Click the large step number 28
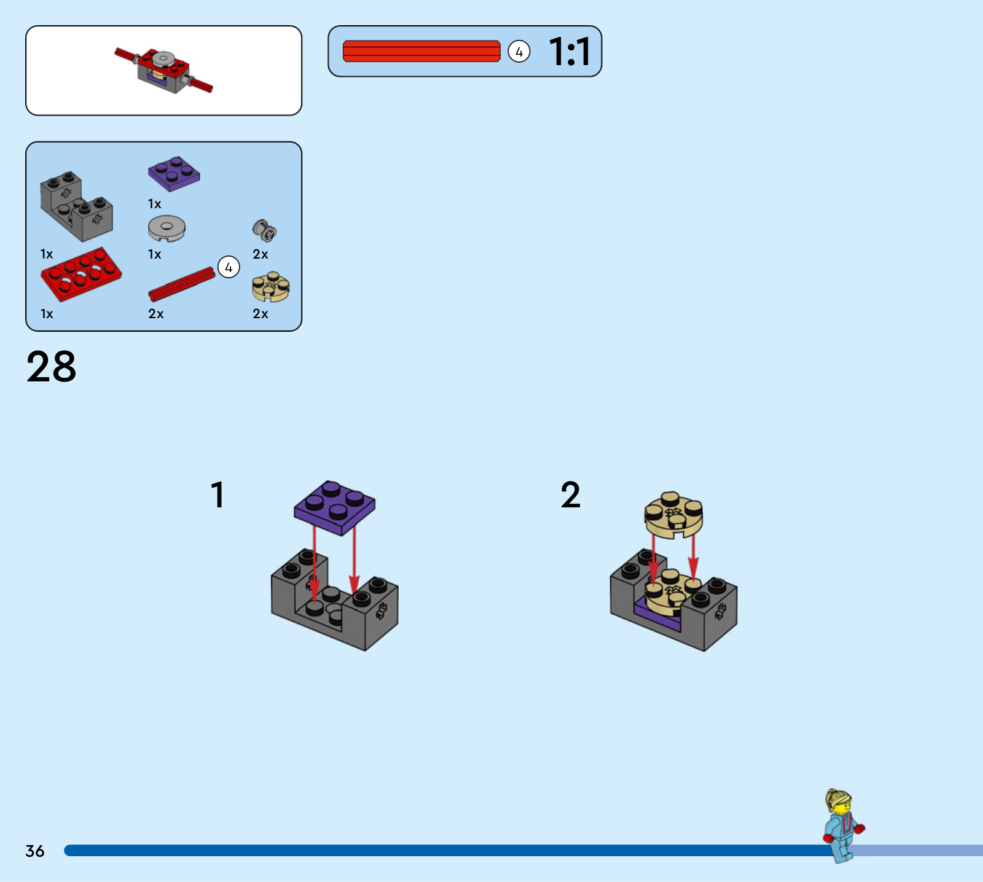52,367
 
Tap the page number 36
35,851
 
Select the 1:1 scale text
570,52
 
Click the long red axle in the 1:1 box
421,51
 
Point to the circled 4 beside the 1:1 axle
519,52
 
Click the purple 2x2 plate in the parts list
174,173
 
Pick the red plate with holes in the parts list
81,274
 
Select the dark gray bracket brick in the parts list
77,206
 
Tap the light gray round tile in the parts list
166,228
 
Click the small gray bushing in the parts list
264,230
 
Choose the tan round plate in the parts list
270,286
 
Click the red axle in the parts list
182,284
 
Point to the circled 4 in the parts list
229,267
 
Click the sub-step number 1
217,494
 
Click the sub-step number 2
570,495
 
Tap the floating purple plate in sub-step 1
334,507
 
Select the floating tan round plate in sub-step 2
674,515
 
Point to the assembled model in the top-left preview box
163,70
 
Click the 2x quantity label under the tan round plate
260,314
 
